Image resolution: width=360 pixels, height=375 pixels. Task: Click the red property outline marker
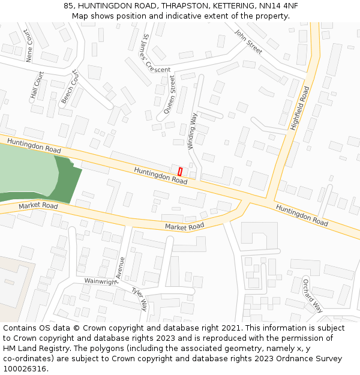pyautogui.click(x=179, y=172)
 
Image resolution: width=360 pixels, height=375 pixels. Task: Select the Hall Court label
pyautogui.click(x=37, y=85)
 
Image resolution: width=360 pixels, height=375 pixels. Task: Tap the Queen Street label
pyautogui.click(x=170, y=94)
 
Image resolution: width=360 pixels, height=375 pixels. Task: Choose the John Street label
pyautogui.click(x=248, y=42)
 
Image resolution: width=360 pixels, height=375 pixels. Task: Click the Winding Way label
pyautogui.click(x=192, y=131)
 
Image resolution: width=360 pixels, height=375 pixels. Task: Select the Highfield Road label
pyautogui.click(x=299, y=108)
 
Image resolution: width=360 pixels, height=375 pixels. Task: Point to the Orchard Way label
pyautogui.click(x=312, y=295)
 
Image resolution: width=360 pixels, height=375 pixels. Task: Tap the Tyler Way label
pyautogui.click(x=139, y=298)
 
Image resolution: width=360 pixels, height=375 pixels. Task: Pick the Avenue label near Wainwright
pyautogui.click(x=121, y=267)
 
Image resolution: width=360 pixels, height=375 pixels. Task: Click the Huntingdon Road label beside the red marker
pyautogui.click(x=161, y=175)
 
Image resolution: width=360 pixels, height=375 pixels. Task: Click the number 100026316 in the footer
pyautogui.click(x=25, y=368)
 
